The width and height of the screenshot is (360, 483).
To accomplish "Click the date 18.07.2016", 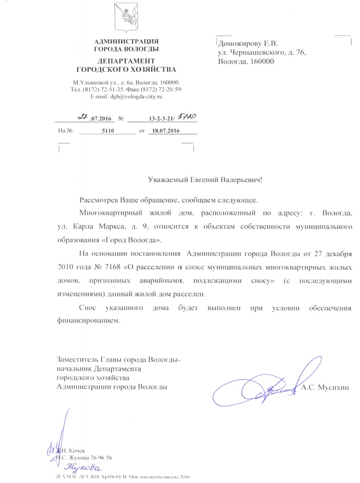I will tap(164, 130).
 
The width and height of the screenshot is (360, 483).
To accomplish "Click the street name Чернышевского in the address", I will tap(252, 52).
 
